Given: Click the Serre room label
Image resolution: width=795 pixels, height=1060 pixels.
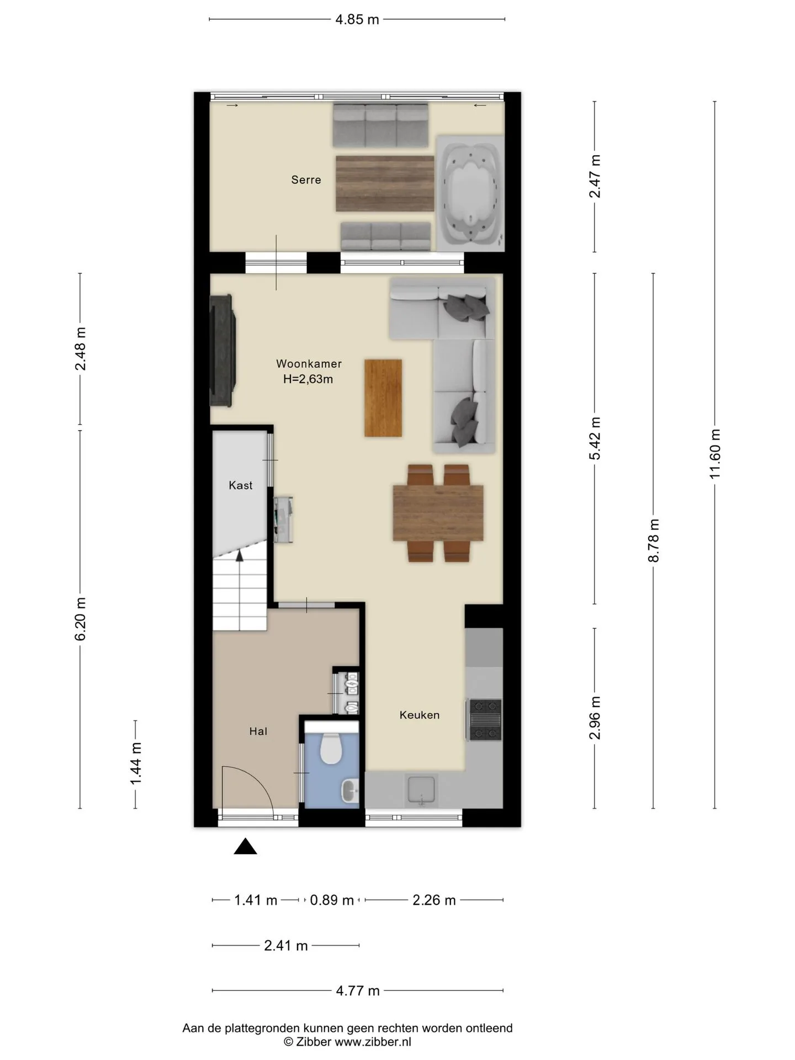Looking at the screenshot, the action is click(306, 179).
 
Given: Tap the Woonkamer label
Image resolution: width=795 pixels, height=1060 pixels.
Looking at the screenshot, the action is click(309, 364).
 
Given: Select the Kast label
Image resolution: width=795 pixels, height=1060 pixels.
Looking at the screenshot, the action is click(240, 485).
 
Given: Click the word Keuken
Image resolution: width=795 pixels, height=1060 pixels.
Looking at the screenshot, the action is click(420, 715).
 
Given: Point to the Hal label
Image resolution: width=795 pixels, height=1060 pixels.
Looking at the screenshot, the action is click(258, 732).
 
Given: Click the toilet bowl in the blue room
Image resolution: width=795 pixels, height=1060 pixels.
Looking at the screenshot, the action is click(331, 748).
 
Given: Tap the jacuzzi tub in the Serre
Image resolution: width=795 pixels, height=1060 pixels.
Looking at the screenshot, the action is click(470, 193).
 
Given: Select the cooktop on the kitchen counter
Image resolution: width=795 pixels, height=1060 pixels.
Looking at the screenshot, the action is click(485, 719).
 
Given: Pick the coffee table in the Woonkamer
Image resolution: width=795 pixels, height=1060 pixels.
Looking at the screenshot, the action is click(383, 398).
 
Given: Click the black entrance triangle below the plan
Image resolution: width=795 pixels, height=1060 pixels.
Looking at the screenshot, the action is click(245, 847).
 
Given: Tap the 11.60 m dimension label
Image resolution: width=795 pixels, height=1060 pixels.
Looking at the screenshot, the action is click(715, 454).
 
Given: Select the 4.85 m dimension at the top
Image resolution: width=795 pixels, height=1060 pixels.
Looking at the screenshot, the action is click(357, 20).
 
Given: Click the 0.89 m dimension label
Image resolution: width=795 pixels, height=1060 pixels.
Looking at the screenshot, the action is click(332, 900).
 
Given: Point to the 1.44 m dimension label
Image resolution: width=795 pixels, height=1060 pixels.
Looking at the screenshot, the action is click(136, 764).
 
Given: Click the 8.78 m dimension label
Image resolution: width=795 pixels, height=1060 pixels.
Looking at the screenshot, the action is click(654, 540).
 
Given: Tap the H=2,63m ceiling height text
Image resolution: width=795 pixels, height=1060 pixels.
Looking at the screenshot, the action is click(308, 379).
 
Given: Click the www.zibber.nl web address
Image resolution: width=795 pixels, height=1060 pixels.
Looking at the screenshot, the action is click(373, 1042).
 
